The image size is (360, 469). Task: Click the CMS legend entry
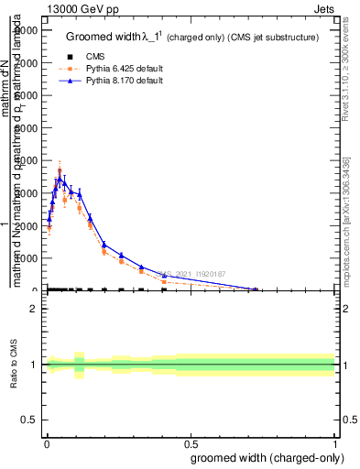[x=107, y=56]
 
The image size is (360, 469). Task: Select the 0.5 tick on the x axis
[x=190, y=442]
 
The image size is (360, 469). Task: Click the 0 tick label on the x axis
[x=45, y=442]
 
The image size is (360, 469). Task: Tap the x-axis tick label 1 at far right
[x=334, y=442]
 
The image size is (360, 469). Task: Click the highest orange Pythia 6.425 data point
[x=60, y=170]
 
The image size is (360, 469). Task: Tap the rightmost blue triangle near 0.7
[x=256, y=289]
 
